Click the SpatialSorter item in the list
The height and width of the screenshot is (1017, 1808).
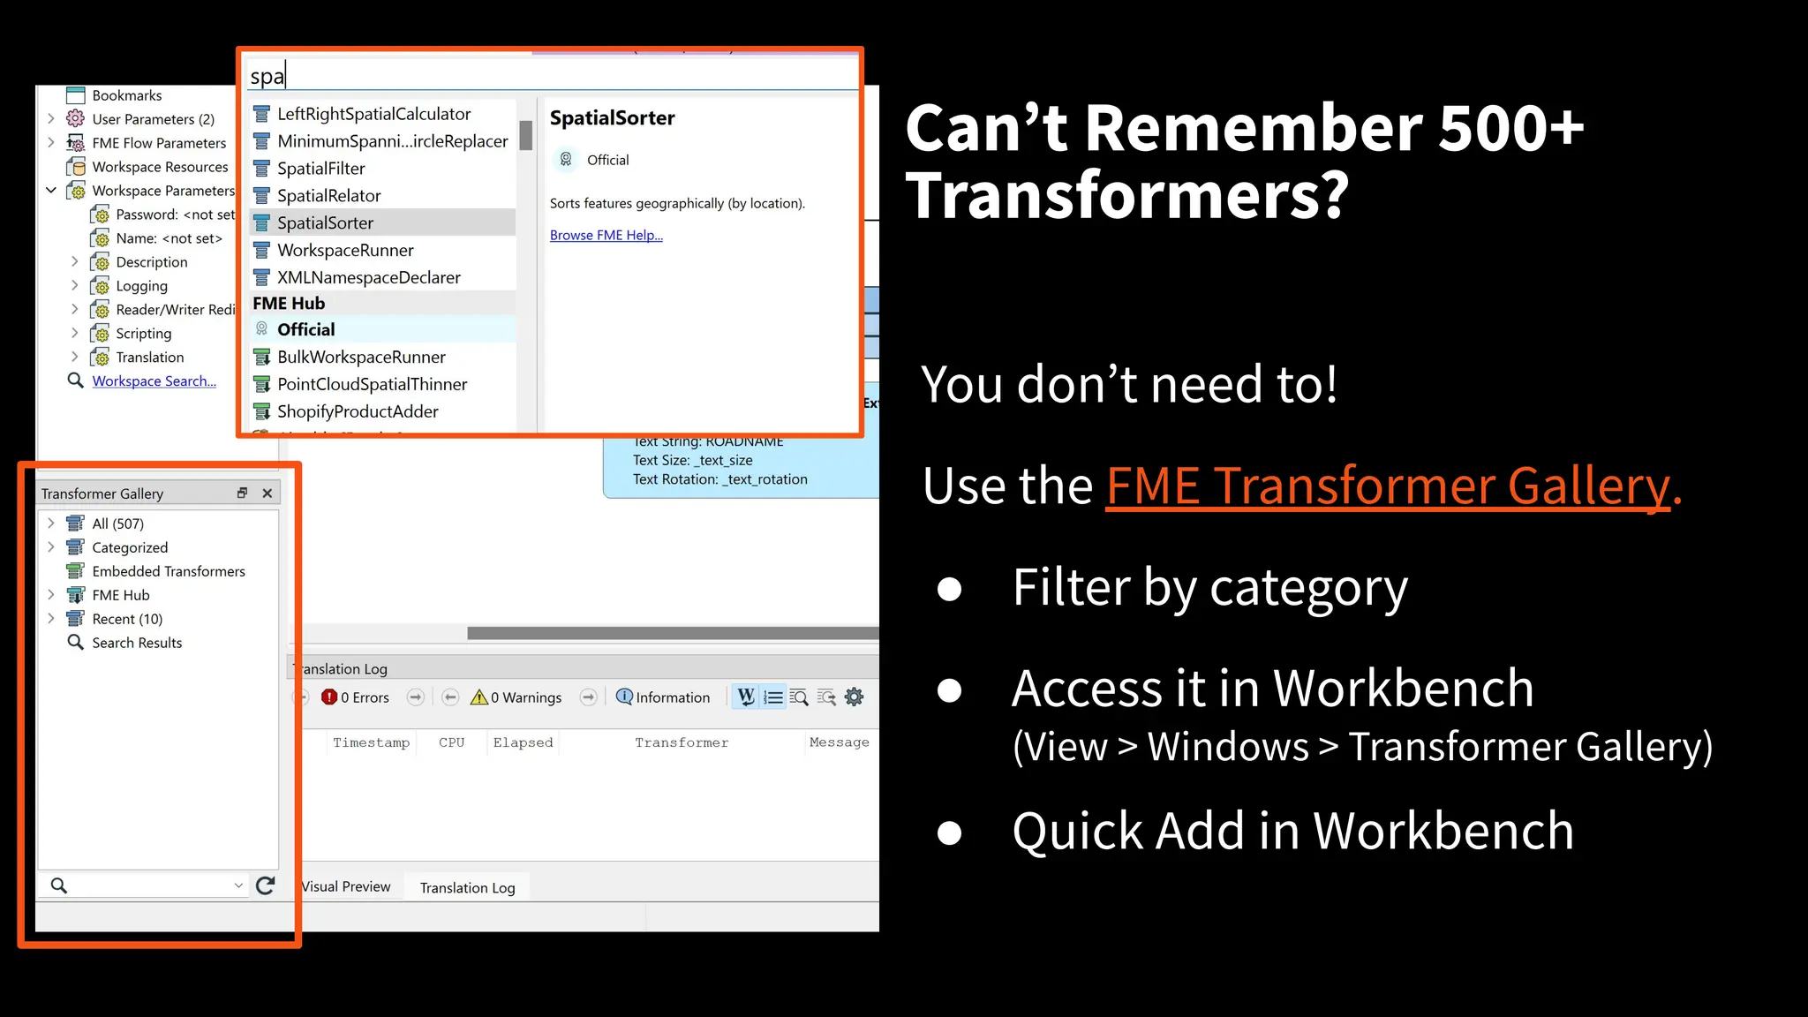tap(325, 222)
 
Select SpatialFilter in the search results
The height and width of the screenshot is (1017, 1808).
tap(320, 168)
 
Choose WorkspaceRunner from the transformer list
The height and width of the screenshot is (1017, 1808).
tap(345, 250)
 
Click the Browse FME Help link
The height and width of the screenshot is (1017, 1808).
tap(606, 235)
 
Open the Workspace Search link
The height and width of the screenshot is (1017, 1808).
tap(154, 380)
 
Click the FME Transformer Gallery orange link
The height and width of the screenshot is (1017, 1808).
tap(1388, 485)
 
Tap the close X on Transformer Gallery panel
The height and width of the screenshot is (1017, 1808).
tap(267, 493)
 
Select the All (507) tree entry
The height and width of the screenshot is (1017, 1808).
tap(117, 524)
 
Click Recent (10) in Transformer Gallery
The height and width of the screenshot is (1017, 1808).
tap(127, 619)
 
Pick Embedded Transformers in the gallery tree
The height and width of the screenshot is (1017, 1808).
tap(169, 571)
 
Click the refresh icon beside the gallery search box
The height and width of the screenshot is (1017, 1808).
tap(265, 885)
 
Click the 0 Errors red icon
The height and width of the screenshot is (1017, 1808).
tap(329, 697)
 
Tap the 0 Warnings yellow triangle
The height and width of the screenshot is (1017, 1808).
tap(479, 697)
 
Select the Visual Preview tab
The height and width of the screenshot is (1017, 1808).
tap(346, 886)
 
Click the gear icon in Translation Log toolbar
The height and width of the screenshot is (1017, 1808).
tap(854, 697)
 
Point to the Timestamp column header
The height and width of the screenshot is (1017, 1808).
tap(371, 742)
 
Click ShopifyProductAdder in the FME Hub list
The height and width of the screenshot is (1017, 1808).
tap(358, 411)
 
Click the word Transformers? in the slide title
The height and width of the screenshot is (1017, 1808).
tap(1127, 196)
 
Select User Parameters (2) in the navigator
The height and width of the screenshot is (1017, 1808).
tap(153, 119)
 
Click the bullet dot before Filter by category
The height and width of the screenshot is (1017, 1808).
tap(949, 589)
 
